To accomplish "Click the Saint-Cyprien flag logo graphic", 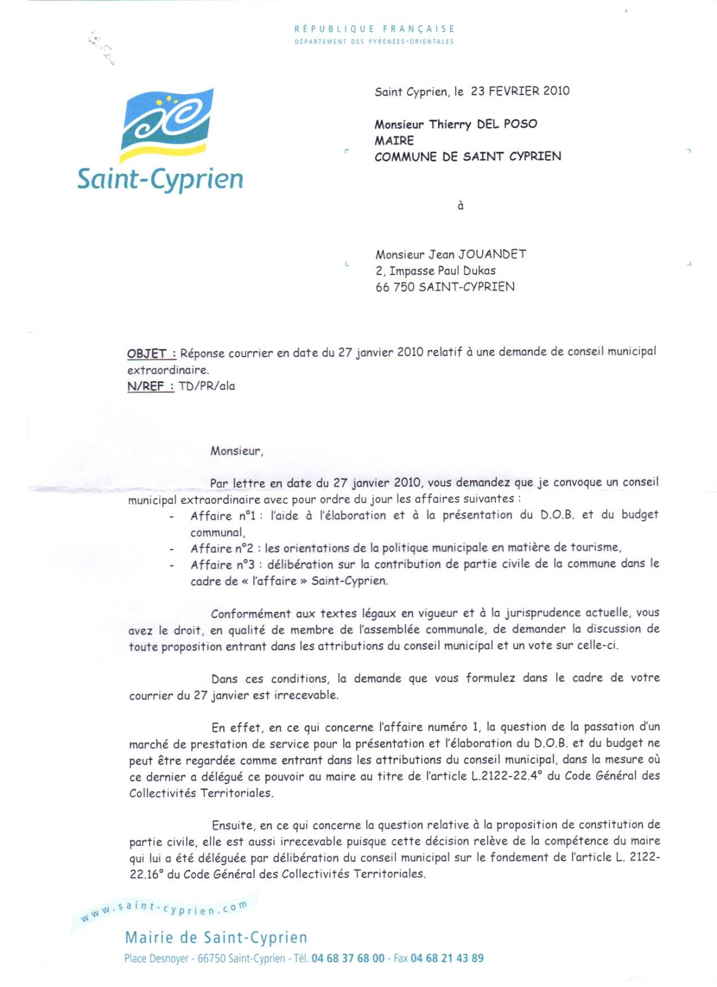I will point(167,124).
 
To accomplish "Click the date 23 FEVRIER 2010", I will point(520,91).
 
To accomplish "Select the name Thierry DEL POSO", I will point(483,124).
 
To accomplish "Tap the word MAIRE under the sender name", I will point(394,141).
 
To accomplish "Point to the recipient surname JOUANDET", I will point(492,254).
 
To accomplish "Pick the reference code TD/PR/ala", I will point(207,386).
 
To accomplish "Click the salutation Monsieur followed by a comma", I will point(236,451).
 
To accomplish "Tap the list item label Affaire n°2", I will point(222,548).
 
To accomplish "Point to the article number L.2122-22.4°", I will point(507,776).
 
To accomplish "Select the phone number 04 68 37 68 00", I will point(348,959).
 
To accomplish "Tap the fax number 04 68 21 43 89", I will point(447,959).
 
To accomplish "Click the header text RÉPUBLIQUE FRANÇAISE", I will point(375,29).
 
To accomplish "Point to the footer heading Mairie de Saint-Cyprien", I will point(216,938).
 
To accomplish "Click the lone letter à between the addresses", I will point(460,206).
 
